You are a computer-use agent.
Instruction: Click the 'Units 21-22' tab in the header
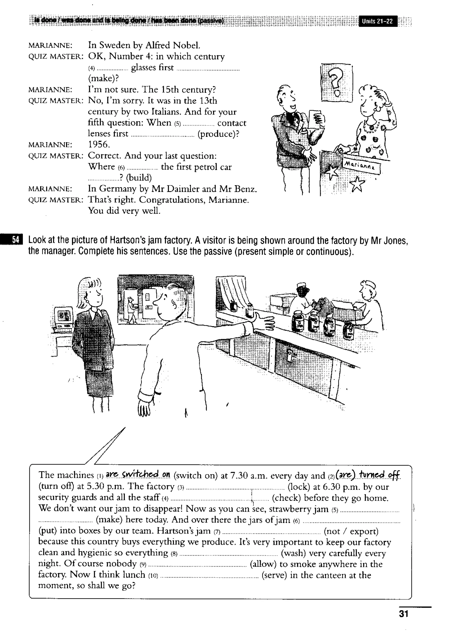click(378, 21)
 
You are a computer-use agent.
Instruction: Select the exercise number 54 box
click(16, 240)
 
